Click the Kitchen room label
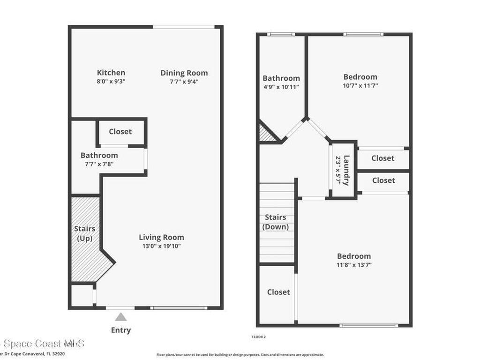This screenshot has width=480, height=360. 111,73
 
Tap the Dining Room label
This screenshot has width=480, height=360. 184,73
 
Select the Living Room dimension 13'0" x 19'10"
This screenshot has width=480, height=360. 161,246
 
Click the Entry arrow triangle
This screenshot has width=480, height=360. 121,317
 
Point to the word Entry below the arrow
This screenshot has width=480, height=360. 121,330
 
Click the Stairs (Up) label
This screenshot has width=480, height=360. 85,233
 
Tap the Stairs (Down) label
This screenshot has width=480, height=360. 276,222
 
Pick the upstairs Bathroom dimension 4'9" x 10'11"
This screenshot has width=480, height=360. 281,87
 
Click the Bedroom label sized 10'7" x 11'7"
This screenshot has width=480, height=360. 360,77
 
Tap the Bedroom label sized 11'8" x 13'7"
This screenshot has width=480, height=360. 354,256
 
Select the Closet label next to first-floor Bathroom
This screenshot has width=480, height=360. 120,132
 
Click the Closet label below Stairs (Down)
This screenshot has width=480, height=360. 278,292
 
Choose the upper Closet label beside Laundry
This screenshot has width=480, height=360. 383,158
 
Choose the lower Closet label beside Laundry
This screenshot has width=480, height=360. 383,180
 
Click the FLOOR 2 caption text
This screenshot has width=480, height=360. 259,337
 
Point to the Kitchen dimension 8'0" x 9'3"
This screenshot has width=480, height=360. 111,81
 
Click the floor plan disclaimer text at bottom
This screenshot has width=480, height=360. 240,355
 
